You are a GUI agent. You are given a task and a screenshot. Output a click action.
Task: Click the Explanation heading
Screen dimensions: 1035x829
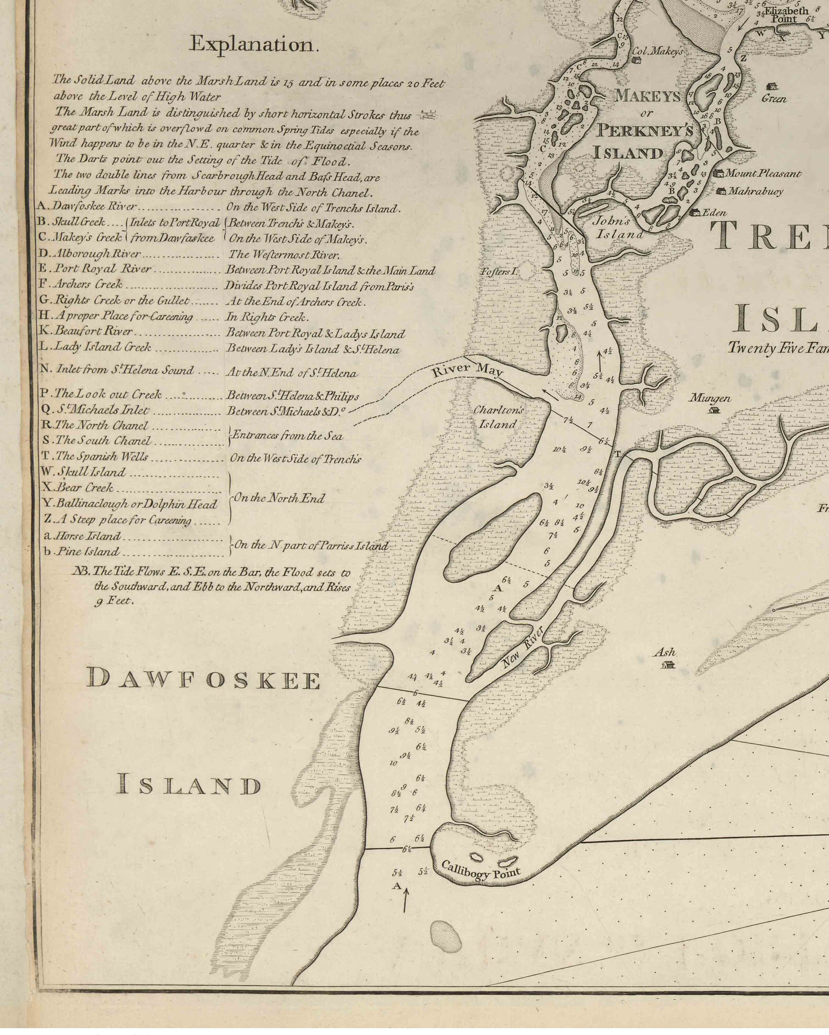coord(254,44)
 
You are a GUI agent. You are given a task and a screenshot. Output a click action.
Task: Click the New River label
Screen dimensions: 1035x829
coord(522,648)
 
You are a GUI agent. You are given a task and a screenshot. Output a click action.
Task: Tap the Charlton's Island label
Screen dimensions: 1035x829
coord(498,417)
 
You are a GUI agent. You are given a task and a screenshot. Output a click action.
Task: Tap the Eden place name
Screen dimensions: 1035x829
coord(714,213)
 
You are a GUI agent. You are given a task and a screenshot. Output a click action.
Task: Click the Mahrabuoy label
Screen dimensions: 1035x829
coord(755,191)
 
